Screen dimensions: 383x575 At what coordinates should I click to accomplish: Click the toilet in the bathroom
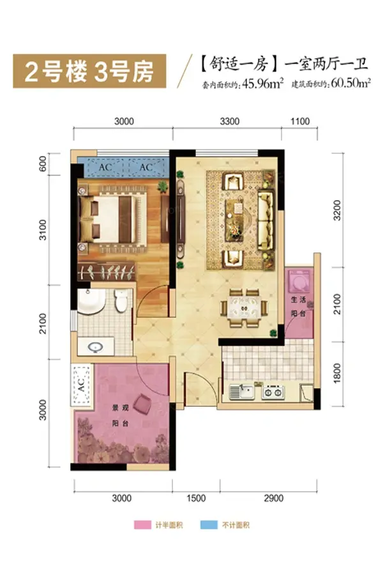click(120, 300)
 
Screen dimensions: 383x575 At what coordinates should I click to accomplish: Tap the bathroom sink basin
click(96, 346)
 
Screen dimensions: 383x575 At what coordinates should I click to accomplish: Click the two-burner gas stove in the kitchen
click(273, 392)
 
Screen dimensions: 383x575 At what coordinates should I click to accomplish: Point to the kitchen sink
click(241, 392)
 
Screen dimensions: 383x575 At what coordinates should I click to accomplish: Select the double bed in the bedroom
click(112, 219)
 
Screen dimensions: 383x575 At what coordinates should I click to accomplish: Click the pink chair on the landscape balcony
click(142, 404)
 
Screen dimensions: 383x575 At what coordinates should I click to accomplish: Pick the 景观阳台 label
click(120, 415)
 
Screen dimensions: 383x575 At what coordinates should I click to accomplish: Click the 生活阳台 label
click(298, 307)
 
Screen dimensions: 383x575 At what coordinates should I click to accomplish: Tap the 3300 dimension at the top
click(229, 121)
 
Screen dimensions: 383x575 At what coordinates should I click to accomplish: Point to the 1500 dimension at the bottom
click(196, 498)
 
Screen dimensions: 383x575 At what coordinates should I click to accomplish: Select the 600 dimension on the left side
click(43, 164)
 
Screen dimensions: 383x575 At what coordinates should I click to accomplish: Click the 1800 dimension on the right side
click(337, 373)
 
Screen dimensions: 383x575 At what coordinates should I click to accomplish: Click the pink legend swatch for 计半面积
click(142, 525)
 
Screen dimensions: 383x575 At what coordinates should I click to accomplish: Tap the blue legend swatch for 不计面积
click(209, 525)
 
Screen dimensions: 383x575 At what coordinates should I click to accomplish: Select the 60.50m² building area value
click(350, 83)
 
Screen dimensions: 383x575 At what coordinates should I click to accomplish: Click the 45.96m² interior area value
click(263, 84)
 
